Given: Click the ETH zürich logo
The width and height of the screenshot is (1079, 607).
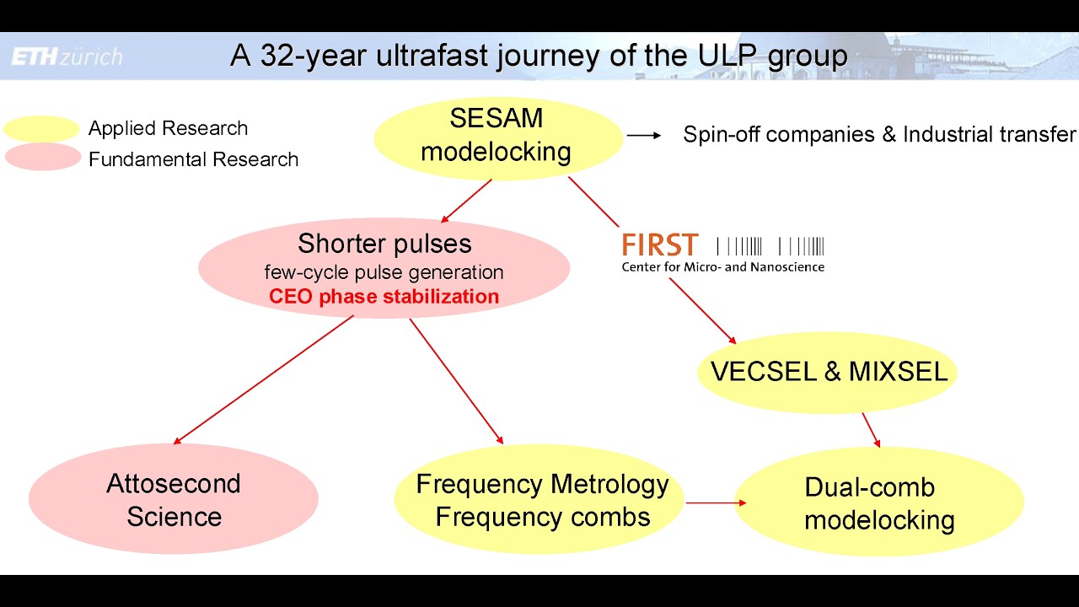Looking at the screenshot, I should [67, 56].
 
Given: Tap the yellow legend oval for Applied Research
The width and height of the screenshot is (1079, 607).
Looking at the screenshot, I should [41, 129].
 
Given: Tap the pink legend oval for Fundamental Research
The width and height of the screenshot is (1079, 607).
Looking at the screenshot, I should [41, 158].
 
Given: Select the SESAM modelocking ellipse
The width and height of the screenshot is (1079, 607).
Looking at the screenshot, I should [497, 137].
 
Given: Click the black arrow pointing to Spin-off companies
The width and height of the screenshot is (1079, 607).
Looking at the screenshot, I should [644, 135].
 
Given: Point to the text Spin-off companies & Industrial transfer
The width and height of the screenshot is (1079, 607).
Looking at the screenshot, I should [878, 134].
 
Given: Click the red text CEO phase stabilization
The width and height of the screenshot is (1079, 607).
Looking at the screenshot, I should [384, 297].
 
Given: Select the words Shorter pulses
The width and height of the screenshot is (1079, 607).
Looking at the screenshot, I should [384, 244].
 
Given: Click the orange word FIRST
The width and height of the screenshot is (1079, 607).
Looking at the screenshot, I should [660, 246].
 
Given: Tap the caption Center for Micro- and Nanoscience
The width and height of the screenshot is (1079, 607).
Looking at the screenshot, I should [722, 267].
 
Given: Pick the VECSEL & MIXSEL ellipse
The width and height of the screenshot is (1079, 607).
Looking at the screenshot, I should [829, 372].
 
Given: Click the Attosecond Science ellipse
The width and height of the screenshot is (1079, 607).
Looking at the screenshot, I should [173, 499].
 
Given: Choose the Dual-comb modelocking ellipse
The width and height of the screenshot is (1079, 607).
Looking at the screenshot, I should [879, 502].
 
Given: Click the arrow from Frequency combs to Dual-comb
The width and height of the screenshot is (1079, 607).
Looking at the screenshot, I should [716, 503].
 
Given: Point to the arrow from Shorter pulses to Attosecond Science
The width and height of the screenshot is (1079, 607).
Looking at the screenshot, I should [263, 379].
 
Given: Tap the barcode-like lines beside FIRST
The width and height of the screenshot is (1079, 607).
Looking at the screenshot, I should [770, 246].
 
